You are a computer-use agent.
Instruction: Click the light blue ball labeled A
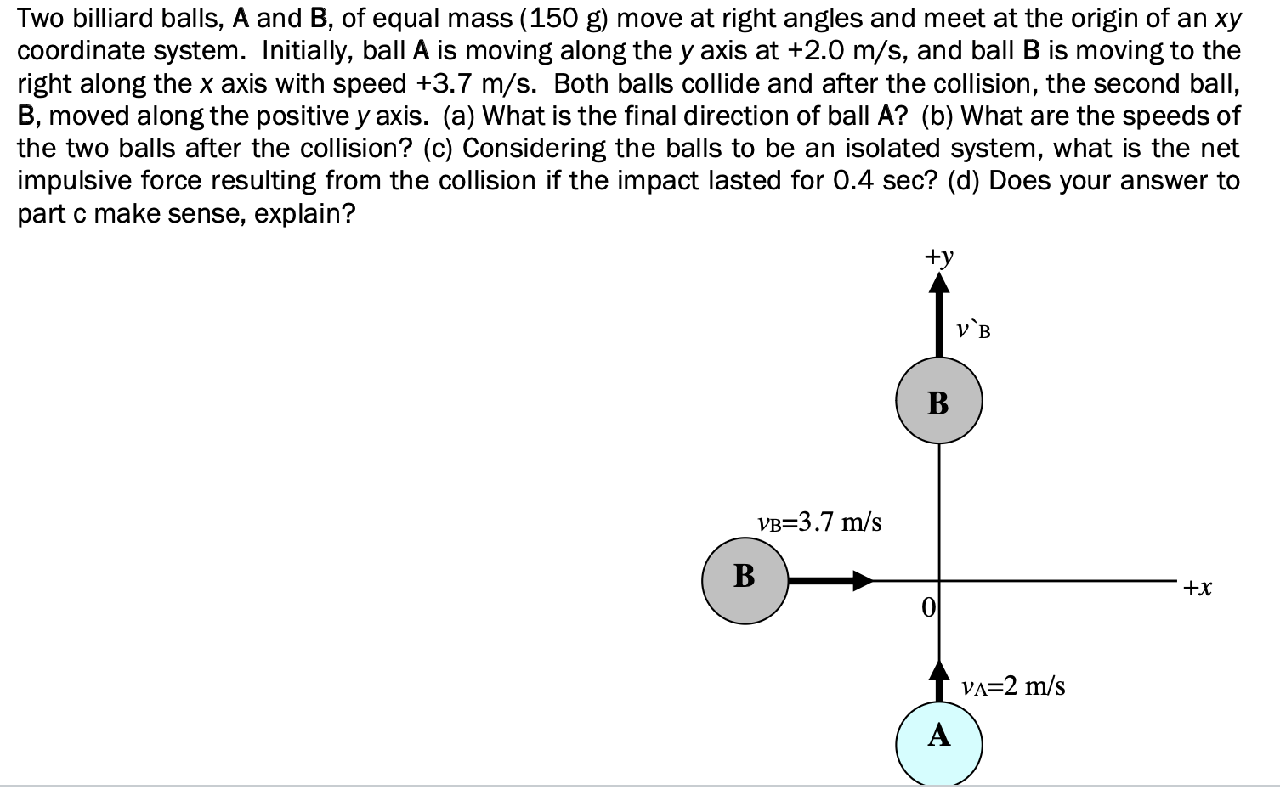click(x=938, y=743)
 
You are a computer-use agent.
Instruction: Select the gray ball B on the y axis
click(x=938, y=401)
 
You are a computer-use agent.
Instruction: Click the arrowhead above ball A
click(x=938, y=668)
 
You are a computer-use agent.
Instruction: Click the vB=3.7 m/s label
click(x=818, y=522)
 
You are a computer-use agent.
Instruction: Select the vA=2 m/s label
click(x=1013, y=685)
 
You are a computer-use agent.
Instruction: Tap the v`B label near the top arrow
click(x=973, y=329)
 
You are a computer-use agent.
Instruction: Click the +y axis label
click(x=939, y=256)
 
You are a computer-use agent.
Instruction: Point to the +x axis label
click(x=1198, y=587)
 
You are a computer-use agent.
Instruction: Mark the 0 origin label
click(x=928, y=606)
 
